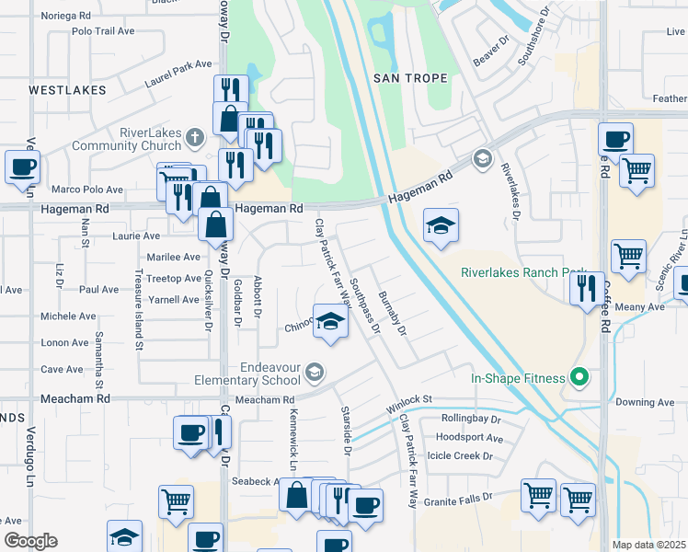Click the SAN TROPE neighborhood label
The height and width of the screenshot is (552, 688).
coord(410,78)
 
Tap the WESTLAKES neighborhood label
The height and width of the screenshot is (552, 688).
coord(67,90)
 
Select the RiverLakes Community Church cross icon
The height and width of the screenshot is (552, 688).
coord(193,138)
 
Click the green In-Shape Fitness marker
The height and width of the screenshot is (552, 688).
coord(579,376)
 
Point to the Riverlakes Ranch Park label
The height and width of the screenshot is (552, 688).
coord(523,273)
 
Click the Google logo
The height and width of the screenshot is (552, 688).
coord(30,541)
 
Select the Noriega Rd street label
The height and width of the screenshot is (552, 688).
coord(66,17)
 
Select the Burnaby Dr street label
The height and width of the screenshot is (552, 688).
coord(392,313)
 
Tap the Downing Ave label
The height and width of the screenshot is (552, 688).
coord(645,402)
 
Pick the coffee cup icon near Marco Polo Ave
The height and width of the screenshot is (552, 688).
coord(22,167)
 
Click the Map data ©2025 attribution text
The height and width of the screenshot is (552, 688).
coord(649,545)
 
